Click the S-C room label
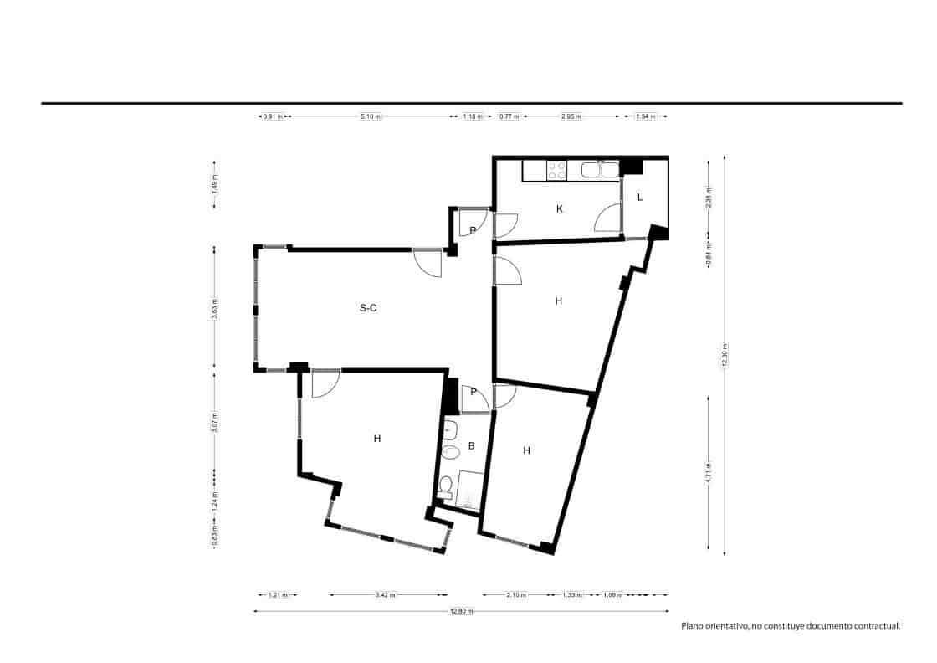[x=368, y=308]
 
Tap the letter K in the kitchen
[x=559, y=209]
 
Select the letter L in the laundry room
[x=640, y=198]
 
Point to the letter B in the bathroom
[x=471, y=446]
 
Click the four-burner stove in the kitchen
[x=557, y=171]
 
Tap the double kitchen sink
[x=599, y=171]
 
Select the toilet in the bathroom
[x=447, y=487]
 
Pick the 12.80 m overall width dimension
[x=461, y=611]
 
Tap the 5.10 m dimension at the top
[x=371, y=116]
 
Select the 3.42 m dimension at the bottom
[x=386, y=595]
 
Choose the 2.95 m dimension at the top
[x=572, y=116]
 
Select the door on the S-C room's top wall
[x=428, y=264]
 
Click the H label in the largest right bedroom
[x=558, y=301]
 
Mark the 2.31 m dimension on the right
[x=709, y=198]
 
